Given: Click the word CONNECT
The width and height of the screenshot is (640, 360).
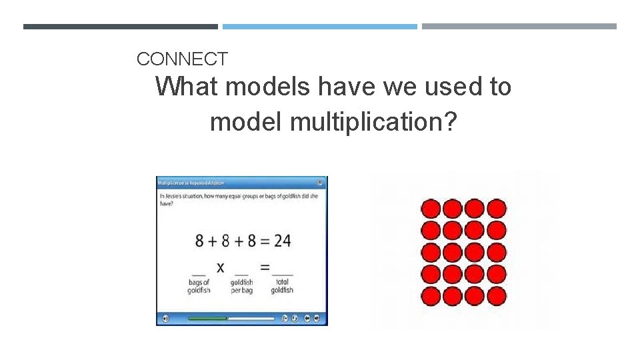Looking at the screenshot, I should pos(182,59).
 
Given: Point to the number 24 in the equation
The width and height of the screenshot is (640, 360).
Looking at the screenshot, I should pos(282,240).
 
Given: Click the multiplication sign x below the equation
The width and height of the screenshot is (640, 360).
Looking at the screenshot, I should pos(220,267).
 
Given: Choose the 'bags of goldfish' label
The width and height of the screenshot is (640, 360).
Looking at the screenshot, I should pos(199,286).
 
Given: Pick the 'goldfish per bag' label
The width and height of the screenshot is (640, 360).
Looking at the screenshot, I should pos(241,286).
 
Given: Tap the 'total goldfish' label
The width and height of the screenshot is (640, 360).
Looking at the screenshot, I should pos(282,286).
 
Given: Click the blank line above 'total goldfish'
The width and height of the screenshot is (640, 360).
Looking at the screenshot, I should pos(282,274).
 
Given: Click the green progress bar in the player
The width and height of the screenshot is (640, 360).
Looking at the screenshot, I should pos(207,319).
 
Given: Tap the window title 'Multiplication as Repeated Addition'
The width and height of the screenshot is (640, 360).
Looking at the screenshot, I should pos(191,183).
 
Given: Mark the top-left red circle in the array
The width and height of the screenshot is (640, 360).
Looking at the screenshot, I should pos(431,209).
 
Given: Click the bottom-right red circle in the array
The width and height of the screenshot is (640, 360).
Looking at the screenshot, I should pos(496,296).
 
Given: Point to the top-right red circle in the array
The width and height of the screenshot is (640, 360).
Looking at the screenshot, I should pos(496,209).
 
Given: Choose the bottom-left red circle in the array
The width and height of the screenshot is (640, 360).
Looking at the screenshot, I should pos(431,296).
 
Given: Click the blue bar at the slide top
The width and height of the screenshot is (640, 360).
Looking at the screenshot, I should pos(320,27).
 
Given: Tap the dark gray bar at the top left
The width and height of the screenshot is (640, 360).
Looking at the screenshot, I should pos(120,27).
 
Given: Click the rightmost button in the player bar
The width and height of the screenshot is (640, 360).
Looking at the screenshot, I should pos(317,319).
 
